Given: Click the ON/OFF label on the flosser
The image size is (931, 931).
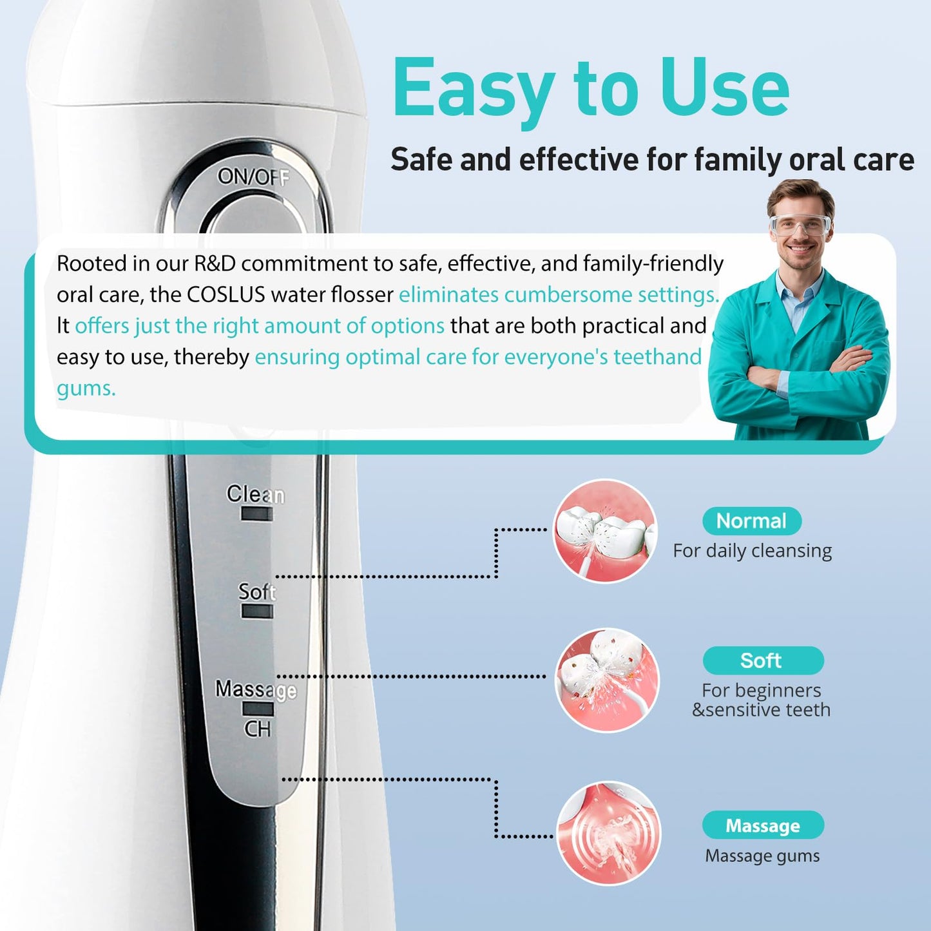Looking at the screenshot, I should click(253, 176).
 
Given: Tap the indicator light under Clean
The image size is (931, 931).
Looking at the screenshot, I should click(256, 514).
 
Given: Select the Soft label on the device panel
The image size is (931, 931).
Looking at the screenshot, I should click(256, 591).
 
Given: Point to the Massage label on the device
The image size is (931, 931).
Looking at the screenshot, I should click(256, 689).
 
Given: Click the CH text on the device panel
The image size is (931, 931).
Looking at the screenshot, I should click(258, 729).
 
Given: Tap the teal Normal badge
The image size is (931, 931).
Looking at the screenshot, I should click(751, 521).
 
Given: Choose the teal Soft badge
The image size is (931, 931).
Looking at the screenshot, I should click(762, 660).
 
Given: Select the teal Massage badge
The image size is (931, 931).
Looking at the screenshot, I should click(763, 825).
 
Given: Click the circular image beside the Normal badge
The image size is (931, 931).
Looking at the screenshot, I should click(605, 531).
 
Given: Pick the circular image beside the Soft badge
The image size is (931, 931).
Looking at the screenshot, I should click(608, 680).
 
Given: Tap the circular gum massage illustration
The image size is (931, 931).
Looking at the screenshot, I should click(608, 833).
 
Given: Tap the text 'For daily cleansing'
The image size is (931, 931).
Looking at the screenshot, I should click(752, 551).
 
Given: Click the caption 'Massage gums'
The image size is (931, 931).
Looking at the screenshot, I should click(762, 856).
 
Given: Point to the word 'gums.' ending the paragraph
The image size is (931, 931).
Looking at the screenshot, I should click(86, 389).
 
